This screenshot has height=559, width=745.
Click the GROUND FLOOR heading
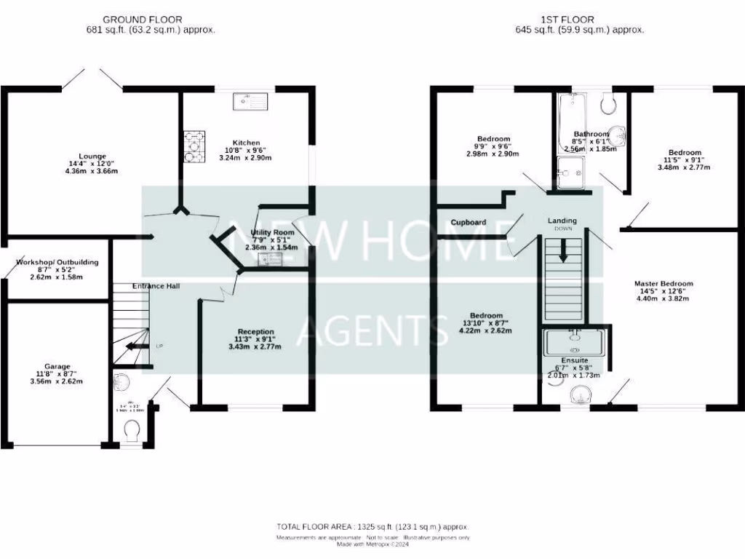point(143,20)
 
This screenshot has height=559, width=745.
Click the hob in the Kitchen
point(194,146)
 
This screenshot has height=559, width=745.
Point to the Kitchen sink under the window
point(250,102)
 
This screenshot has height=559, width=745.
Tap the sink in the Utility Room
point(273,258)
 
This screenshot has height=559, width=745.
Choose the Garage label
point(57,367)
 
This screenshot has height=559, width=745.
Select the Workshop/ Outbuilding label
point(57,262)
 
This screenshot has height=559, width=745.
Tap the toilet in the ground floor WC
point(132,433)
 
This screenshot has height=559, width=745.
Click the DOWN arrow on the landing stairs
point(563,251)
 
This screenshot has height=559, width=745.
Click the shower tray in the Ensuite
point(575,341)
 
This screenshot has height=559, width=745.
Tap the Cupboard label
point(469,222)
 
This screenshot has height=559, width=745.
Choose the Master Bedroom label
point(664,284)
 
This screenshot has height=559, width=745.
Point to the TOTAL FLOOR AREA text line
point(372,526)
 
